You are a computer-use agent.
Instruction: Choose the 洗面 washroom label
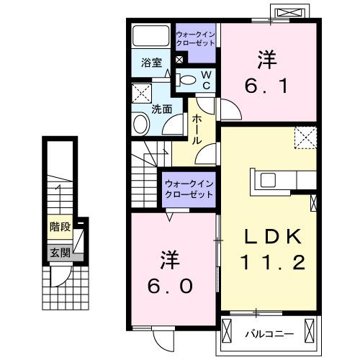tap(161, 110)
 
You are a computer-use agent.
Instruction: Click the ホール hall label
tap(196, 130)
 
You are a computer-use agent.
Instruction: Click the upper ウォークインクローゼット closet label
tap(195, 38)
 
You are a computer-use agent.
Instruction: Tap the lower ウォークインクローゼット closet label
tap(189, 189)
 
